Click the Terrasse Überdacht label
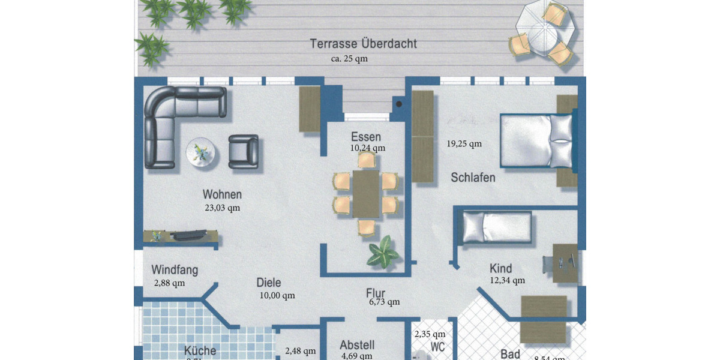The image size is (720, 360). [x=363, y=44]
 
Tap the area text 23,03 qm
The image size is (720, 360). [x=222, y=208]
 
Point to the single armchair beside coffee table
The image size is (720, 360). [x=243, y=151]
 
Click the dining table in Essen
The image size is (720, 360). [x=365, y=194]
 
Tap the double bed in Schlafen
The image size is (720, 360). [x=537, y=140]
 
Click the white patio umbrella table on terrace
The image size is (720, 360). [x=545, y=33]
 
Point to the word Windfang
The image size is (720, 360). [x=175, y=270]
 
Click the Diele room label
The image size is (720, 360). [x=268, y=283]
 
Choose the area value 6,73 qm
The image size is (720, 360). [x=384, y=302]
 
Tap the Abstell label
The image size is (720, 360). [x=357, y=345]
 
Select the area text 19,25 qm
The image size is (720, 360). [x=464, y=143]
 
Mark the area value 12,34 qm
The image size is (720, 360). [x=507, y=280]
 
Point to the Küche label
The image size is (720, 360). [x=200, y=351]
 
